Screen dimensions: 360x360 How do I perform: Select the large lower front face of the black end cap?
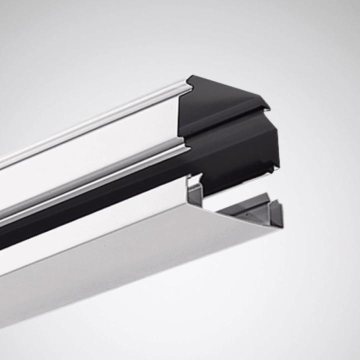coord(235,150)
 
